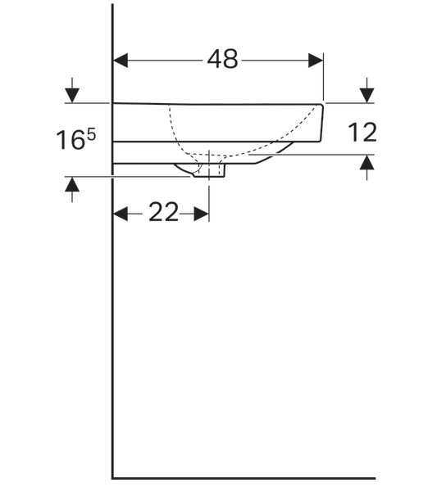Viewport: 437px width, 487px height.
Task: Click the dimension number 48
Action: point(222,59)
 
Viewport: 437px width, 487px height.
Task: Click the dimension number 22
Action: point(164,212)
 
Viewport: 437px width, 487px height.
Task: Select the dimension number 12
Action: point(362,133)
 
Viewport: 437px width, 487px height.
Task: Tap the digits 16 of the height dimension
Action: point(71,140)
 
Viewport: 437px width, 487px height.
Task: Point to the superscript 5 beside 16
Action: point(92,135)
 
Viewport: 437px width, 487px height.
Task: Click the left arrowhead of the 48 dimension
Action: point(121,61)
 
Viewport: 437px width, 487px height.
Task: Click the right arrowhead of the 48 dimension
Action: point(316,61)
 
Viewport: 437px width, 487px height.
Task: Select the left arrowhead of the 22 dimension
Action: point(121,214)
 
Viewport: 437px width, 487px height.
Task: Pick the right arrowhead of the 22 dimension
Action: point(201,214)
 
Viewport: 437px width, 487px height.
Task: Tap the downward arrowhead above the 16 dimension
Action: point(72,95)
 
